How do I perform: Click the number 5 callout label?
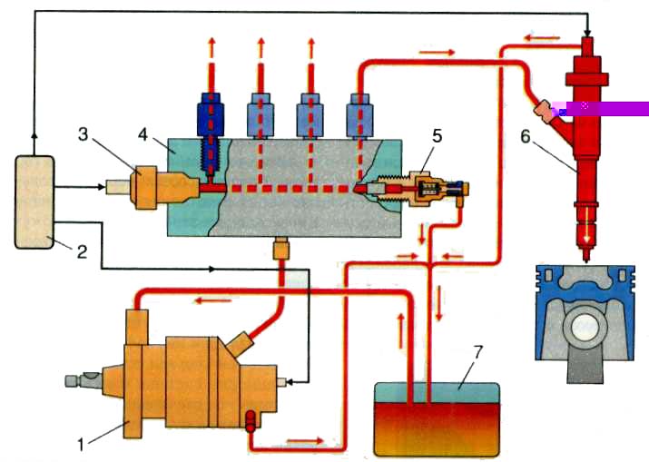click(437, 135)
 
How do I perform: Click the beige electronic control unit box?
click(34, 202)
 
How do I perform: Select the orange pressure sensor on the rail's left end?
click(149, 187)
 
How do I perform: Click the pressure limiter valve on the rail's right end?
click(427, 189)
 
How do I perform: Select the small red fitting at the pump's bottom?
click(248, 420)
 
